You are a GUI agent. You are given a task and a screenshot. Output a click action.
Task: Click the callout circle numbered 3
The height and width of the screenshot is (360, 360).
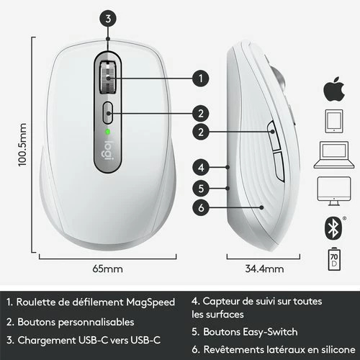107,19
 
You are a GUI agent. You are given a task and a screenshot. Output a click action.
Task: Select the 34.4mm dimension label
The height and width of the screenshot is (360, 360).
266,270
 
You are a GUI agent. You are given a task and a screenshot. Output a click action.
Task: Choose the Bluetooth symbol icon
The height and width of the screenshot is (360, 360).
332,227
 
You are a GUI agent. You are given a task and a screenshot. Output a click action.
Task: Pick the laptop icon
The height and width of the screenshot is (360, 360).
332,153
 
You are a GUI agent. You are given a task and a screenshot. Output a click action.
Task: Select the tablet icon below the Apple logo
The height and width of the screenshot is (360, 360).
332,121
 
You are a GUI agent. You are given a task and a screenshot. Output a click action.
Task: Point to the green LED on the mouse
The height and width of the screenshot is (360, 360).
108,132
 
